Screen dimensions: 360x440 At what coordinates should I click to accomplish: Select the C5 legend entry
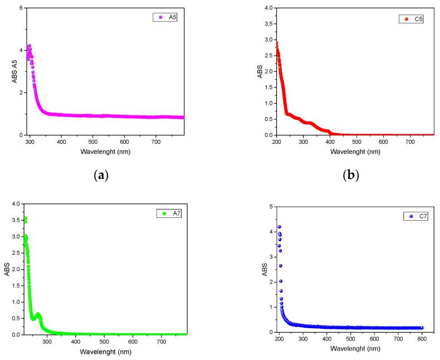coord(413,20)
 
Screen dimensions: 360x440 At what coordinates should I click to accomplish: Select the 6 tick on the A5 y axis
coord(20,8)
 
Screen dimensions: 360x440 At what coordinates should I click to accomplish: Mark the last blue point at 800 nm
coord(422,328)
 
